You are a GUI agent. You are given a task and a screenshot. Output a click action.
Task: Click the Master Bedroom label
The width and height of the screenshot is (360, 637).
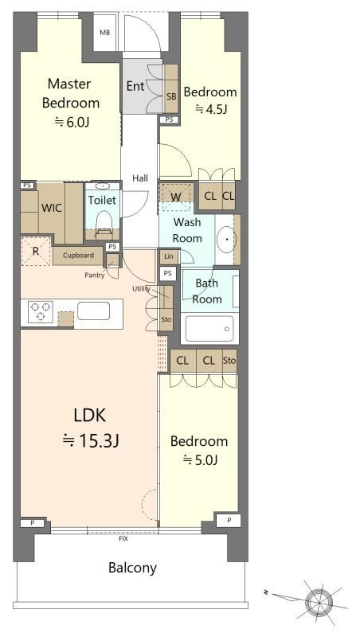tap(71, 93)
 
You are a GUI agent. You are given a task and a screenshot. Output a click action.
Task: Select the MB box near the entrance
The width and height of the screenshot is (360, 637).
tap(105, 33)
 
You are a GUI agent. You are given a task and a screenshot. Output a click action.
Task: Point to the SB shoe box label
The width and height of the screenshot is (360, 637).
tap(171, 96)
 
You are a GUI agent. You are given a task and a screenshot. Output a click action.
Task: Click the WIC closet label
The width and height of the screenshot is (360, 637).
tap(52, 208)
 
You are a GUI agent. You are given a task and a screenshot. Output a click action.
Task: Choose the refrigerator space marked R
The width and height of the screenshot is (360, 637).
tap(36, 251)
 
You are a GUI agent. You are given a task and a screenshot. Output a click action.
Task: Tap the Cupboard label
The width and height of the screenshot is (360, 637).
tap(78, 256)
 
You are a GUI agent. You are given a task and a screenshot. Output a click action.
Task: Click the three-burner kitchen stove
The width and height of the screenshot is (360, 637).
tap(41, 311)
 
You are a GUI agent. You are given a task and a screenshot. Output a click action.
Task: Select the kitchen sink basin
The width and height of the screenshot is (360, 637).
tap(93, 311)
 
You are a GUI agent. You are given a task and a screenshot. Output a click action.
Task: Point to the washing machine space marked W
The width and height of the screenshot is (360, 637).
tap(176, 197)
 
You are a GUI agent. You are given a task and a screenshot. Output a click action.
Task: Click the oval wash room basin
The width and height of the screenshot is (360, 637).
tap(225, 239)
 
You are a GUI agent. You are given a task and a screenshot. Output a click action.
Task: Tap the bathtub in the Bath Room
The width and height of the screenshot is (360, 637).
tap(209, 328)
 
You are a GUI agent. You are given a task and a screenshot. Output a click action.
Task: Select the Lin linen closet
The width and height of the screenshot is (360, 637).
tap(169, 256)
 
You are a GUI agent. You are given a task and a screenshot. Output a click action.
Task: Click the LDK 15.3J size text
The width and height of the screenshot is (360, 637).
tap(90, 440)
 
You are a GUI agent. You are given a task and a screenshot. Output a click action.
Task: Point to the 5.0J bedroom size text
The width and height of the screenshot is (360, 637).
tap(200, 460)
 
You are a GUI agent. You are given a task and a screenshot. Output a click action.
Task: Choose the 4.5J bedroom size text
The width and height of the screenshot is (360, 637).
tap(210, 109)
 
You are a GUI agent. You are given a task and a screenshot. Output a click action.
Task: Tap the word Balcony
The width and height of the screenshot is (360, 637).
tap(132, 568)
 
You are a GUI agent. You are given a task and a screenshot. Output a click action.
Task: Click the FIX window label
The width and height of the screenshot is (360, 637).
tap(123, 539)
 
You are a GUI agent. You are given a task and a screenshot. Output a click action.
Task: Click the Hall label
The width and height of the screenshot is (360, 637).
tap(140, 178)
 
